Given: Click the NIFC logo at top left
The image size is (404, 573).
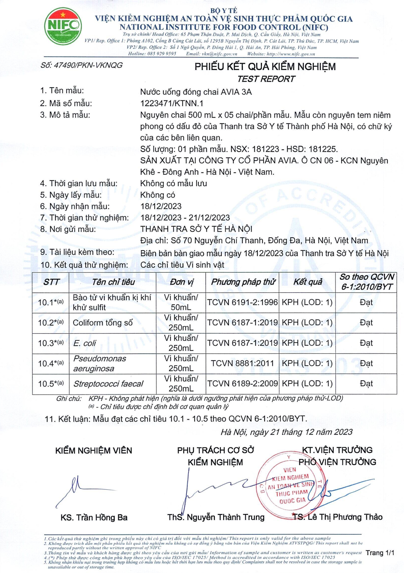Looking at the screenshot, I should click(63, 27).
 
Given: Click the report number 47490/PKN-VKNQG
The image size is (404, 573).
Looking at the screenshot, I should click(81, 65).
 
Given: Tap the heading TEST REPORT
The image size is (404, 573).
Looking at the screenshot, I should click(266, 79).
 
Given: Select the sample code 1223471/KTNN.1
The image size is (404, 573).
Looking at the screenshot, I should click(172, 103).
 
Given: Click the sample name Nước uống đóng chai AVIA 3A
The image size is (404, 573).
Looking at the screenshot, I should click(196, 92).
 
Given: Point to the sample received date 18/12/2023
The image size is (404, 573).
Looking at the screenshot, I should click(161, 206).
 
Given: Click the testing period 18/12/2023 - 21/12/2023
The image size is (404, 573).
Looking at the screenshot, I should click(185, 218).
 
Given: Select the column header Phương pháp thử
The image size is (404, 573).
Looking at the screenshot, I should click(243, 282).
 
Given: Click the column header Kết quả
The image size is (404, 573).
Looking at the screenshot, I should click(308, 282).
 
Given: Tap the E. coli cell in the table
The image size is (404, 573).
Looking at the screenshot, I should click(85, 343).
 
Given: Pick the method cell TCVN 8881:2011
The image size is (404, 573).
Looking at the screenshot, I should click(242, 363).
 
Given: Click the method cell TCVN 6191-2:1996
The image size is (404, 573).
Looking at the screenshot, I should click(242, 302).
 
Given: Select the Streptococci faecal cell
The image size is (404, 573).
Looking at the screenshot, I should click(108, 384).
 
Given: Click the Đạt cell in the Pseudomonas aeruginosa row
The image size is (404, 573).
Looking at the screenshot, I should click(366, 363).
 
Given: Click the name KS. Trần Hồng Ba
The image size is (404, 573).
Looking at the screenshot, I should click(94, 517).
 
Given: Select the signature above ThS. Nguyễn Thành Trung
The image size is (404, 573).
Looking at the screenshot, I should click(215, 487).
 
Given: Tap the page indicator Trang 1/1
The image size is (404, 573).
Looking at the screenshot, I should click(380, 553).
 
